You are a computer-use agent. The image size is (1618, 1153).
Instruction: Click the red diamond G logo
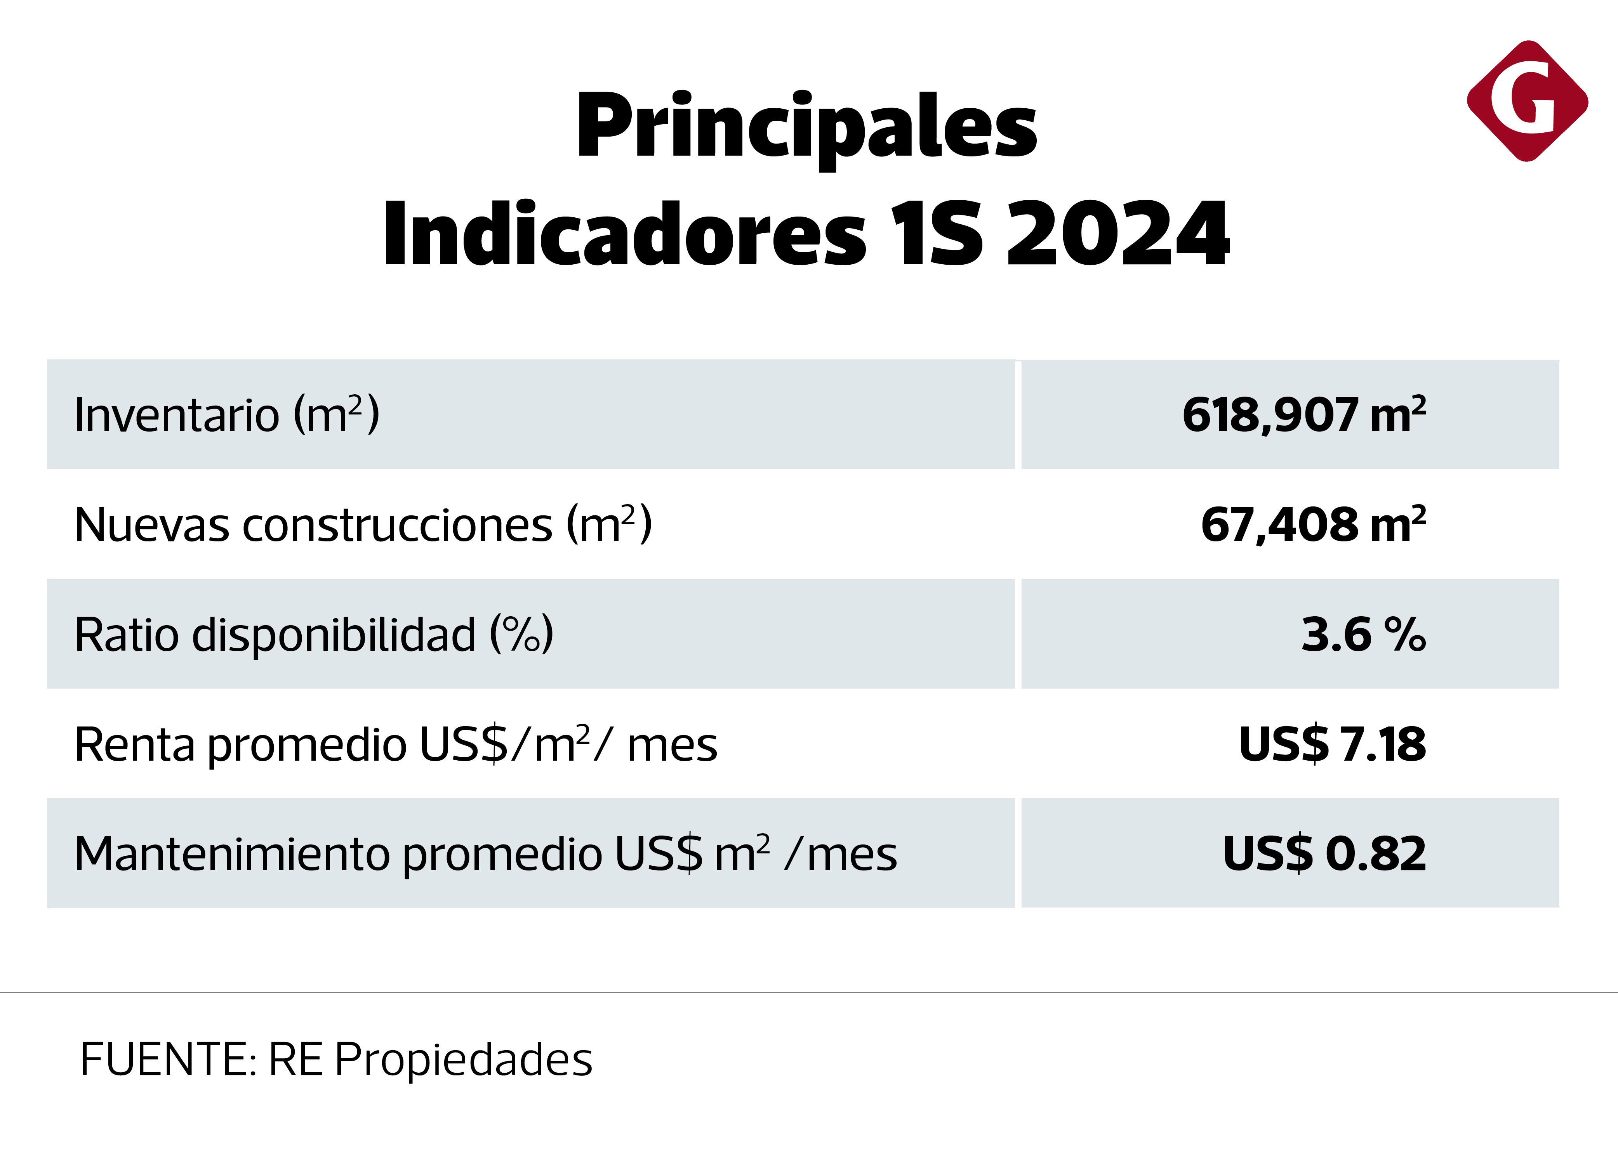[1527, 102]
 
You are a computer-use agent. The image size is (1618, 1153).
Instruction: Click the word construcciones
[397, 525]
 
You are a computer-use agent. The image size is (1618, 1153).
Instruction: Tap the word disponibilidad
[334, 635]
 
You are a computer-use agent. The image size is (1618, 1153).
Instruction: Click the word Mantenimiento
[231, 854]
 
